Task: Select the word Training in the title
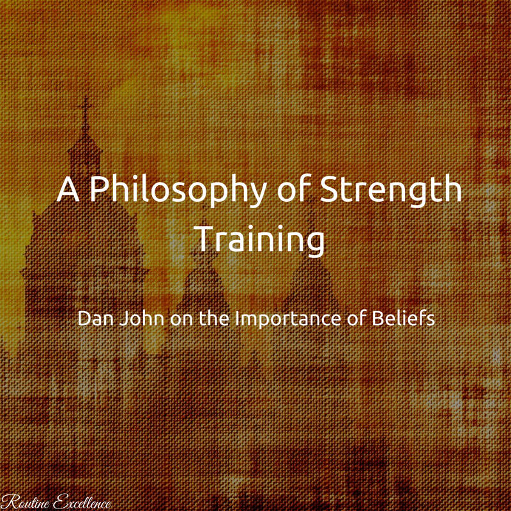tap(259, 239)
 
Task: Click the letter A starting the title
tap(68, 189)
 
